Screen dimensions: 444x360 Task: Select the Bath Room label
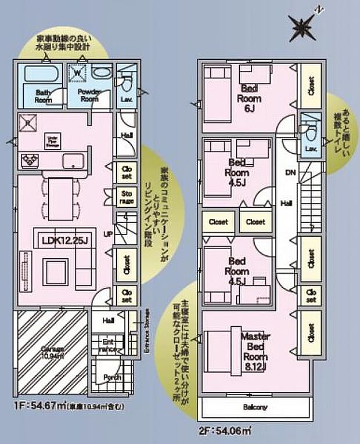point(41,96)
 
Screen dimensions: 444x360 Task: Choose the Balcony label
point(255,407)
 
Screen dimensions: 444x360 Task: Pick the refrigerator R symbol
point(26,124)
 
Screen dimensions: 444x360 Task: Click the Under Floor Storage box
point(51,140)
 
